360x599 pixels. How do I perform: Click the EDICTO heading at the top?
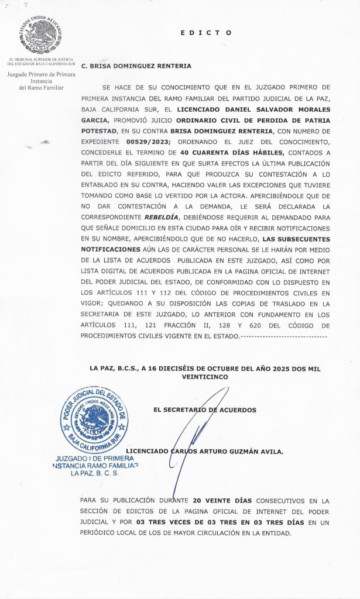tap(207, 33)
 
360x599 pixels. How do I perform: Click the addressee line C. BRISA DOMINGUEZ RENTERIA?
tap(136, 67)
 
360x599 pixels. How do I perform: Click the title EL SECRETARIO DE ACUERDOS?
tap(204, 410)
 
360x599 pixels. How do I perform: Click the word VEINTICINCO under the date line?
tap(204, 378)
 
